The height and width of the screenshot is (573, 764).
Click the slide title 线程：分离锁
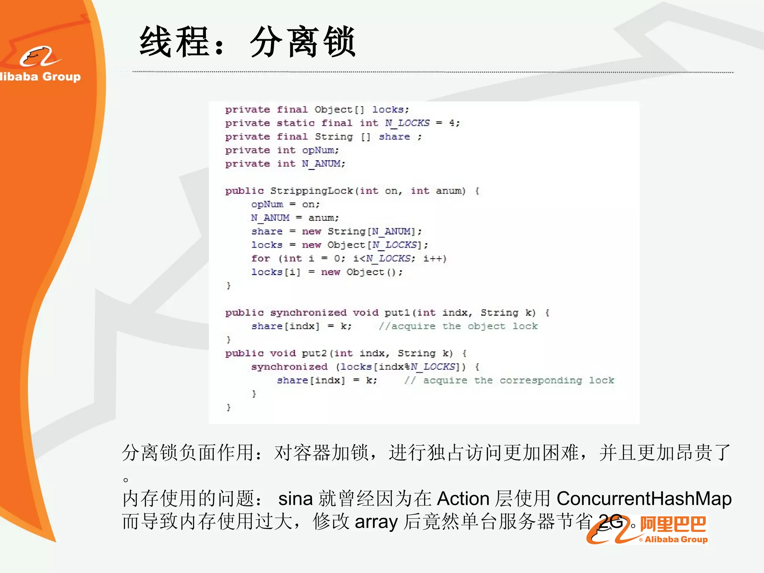pyautogui.click(x=247, y=42)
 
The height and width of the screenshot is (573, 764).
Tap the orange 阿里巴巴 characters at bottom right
pyautogui.click(x=673, y=525)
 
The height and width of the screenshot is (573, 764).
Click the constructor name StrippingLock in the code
pyautogui.click(x=311, y=191)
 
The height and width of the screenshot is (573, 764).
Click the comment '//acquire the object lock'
pyautogui.click(x=458, y=326)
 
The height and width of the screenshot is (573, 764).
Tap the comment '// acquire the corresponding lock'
pyautogui.click(x=509, y=381)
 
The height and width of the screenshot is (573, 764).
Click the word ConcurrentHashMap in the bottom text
pyautogui.click(x=644, y=499)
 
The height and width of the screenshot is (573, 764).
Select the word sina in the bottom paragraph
pyautogui.click(x=295, y=499)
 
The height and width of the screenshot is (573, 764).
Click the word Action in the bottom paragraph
pyautogui.click(x=463, y=499)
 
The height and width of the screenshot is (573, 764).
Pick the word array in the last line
pyautogui.click(x=376, y=522)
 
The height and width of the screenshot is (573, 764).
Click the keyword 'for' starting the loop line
pyautogui.click(x=260, y=259)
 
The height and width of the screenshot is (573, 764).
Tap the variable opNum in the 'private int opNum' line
pyautogui.click(x=320, y=150)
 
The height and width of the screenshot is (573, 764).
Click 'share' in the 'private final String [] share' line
pyautogui.click(x=394, y=137)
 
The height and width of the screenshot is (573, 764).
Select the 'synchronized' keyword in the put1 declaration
pyautogui.click(x=308, y=313)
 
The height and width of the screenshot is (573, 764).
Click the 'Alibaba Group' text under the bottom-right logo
pyautogui.click(x=676, y=539)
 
